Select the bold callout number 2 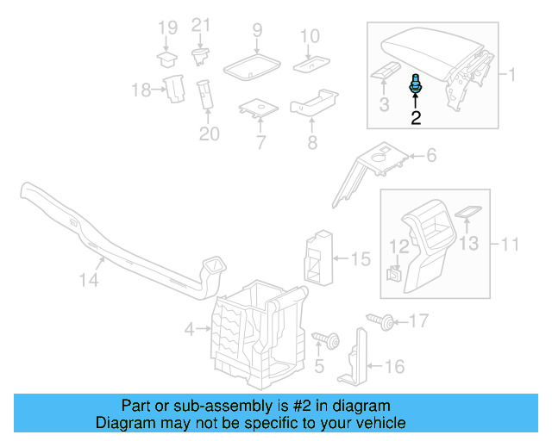pos(416,118)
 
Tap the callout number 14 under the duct pos(89,280)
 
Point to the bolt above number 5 pos(326,337)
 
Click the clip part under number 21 pos(200,57)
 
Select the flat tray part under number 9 pos(252,65)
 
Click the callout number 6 pos(430,156)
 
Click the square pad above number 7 pos(257,109)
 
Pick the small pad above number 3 pos(385,70)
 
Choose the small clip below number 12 pos(392,276)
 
